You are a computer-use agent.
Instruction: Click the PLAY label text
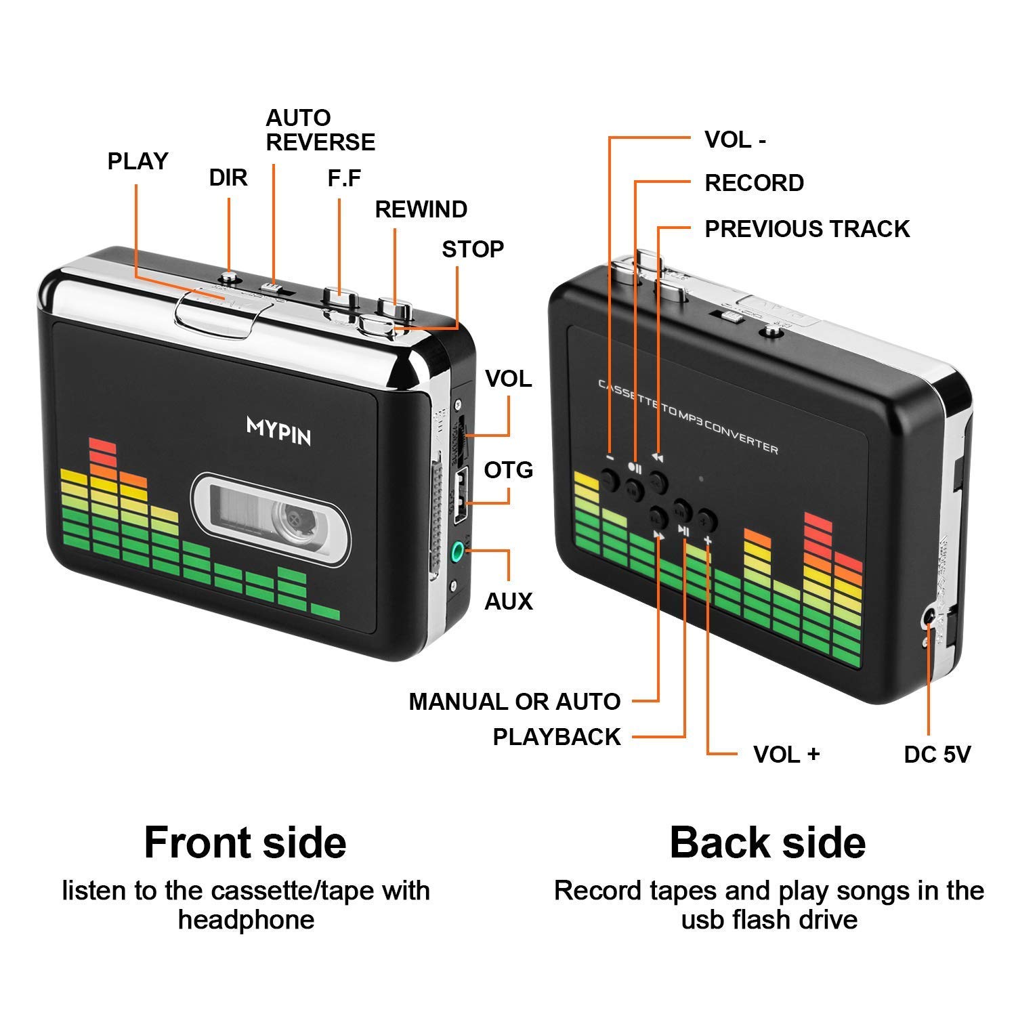(137, 161)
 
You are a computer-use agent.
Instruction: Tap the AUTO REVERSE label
(320, 130)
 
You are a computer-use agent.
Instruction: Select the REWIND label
(421, 209)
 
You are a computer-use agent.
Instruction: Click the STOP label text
(473, 249)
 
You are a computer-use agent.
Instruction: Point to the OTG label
(508, 469)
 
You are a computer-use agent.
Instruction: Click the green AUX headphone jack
(461, 550)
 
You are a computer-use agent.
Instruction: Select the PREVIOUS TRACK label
(807, 229)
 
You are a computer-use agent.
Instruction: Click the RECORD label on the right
(754, 183)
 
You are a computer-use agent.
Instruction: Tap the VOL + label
(786, 754)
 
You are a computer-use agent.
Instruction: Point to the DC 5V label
(937, 754)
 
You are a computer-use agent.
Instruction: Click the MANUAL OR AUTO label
(514, 702)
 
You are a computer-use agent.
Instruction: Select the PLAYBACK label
(556, 737)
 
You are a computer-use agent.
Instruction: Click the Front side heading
(245, 843)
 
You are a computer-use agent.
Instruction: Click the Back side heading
(767, 843)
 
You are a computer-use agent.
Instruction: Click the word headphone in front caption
(246, 920)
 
